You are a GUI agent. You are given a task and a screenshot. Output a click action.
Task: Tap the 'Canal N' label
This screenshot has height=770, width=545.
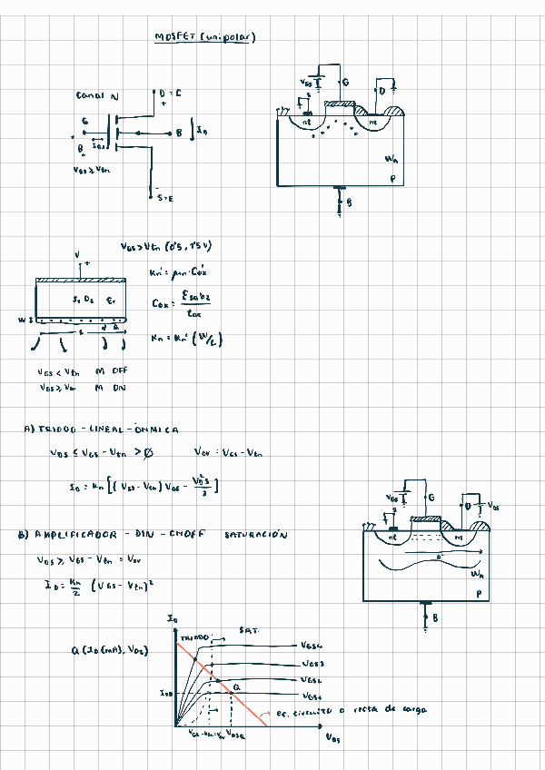pos(97,95)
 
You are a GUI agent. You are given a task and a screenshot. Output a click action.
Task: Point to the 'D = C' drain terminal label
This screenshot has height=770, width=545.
pos(170,94)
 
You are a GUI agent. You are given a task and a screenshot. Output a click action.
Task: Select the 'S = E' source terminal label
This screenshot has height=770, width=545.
pos(164,197)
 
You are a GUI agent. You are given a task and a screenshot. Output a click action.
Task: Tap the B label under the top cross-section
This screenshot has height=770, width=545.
pos(349,203)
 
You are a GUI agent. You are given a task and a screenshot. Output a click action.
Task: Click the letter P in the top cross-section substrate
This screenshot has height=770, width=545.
pos(392,180)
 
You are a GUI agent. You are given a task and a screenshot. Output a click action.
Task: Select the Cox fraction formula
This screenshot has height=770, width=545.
pos(182,302)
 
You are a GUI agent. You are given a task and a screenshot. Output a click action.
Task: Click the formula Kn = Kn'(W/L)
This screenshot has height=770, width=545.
pos(185,339)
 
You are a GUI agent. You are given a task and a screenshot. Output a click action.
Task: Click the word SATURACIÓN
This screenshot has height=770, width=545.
pos(255,535)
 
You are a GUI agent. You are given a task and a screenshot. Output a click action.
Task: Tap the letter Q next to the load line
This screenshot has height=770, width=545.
pos(236,687)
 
